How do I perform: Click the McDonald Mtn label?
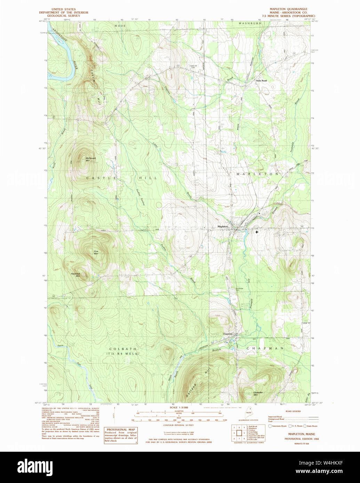point(90,159)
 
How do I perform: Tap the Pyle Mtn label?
point(96,252)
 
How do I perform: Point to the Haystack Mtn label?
point(75,275)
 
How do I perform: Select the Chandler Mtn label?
point(258,394)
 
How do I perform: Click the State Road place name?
point(261,81)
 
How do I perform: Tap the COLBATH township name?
point(123,349)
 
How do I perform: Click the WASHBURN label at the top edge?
point(250,23)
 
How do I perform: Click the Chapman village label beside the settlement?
point(227,334)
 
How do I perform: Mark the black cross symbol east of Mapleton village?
point(257,231)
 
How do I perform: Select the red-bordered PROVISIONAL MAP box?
point(121,435)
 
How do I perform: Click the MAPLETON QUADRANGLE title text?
point(288,9)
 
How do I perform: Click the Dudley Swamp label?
point(139,197)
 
